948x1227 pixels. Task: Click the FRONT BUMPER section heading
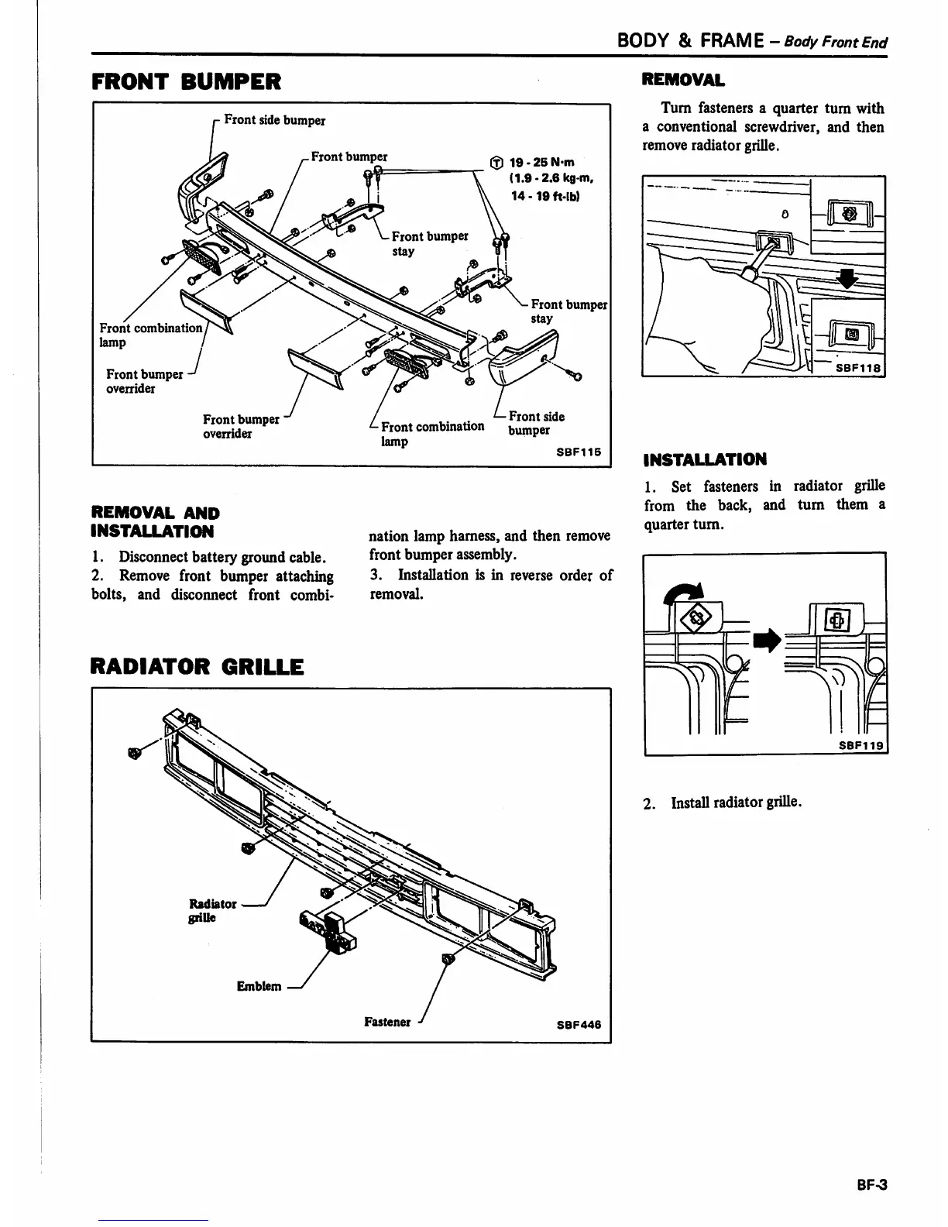click(x=186, y=81)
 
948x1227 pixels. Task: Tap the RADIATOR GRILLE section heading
click(x=197, y=666)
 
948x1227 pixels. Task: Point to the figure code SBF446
click(x=579, y=1025)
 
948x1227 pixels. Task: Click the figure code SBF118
click(x=858, y=369)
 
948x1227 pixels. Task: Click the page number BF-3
click(x=871, y=1184)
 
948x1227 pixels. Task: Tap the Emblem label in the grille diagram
click(x=259, y=986)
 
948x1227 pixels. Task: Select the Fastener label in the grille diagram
click(x=387, y=1022)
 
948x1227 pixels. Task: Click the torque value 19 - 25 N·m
click(x=541, y=163)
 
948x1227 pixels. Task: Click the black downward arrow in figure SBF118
click(x=850, y=277)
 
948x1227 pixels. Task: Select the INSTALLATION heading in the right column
click(x=705, y=459)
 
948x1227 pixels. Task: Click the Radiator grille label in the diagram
click(x=213, y=910)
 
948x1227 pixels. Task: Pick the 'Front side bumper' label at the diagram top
click(x=274, y=120)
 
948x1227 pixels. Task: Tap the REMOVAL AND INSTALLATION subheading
click(x=155, y=522)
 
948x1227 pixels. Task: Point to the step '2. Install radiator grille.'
click(x=723, y=803)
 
